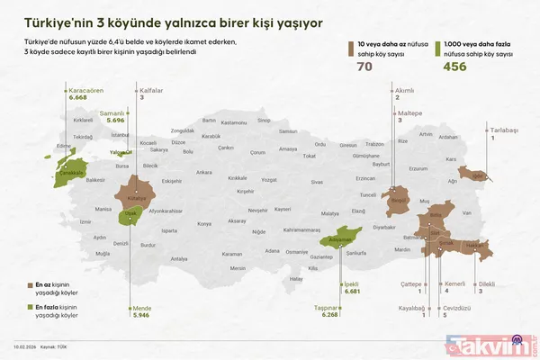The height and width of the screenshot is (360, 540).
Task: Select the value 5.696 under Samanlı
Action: click(113, 120)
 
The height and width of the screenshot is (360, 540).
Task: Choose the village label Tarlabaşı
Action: click(504, 130)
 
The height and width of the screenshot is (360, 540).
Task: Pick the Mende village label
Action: click(141, 308)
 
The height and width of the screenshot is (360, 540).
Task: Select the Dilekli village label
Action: click(487, 283)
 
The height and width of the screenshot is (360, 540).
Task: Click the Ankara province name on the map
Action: click(204, 172)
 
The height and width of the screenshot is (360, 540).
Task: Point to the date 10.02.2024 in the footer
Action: click(23, 345)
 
